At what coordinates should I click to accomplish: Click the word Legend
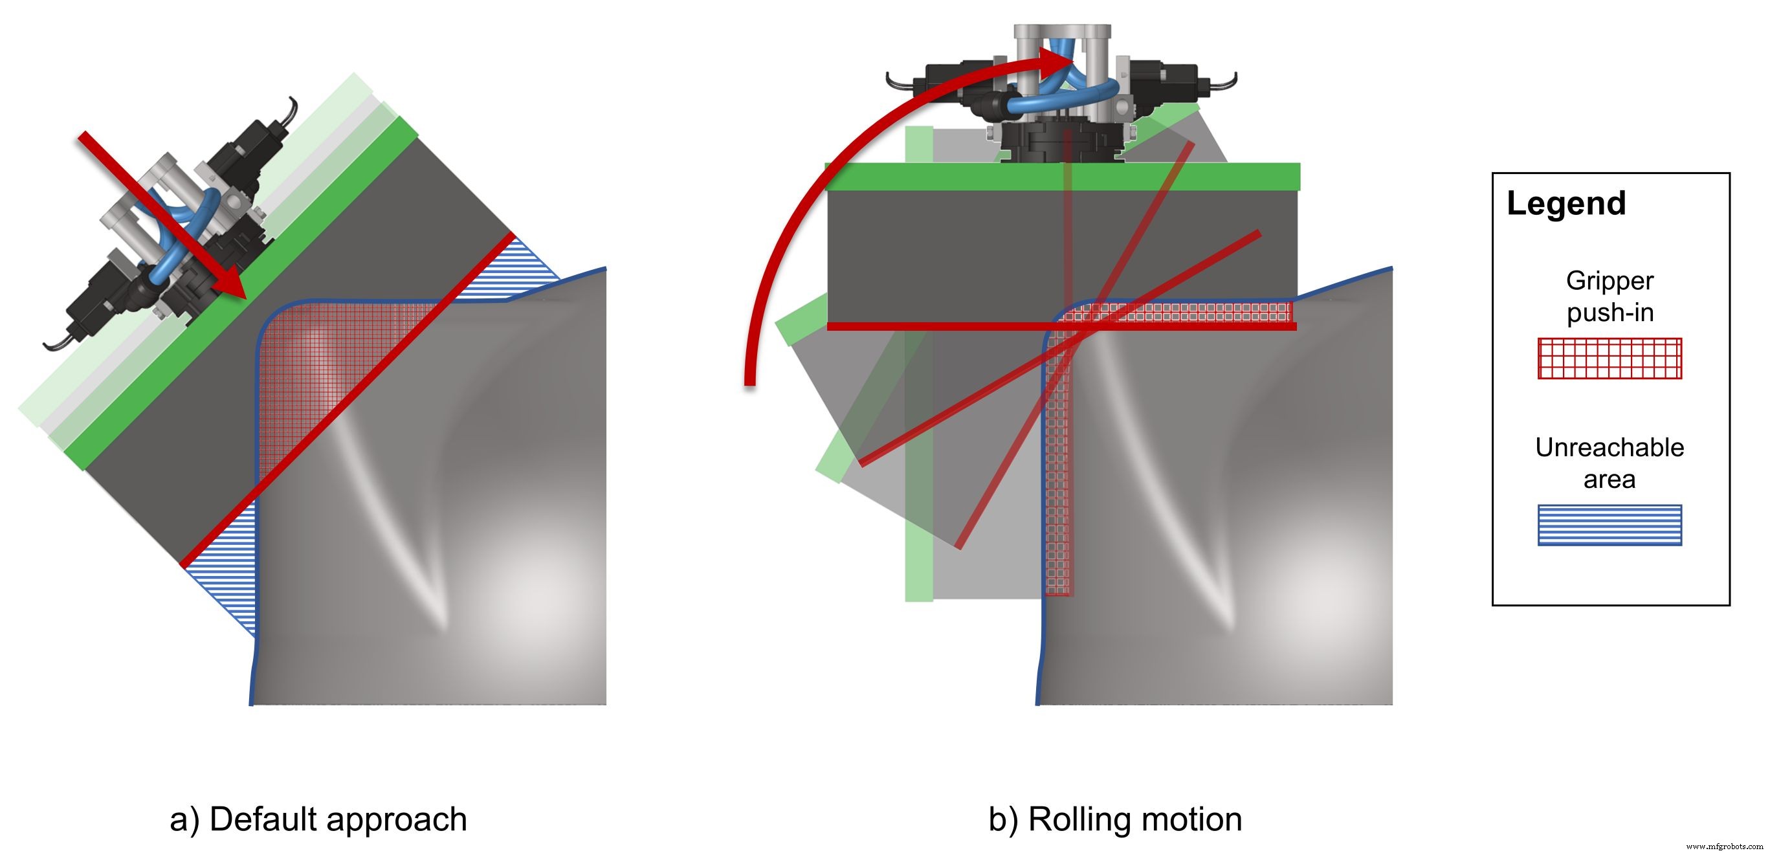coord(1566,203)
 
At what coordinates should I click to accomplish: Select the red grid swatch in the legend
coord(1610,358)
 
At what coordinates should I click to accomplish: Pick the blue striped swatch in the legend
coord(1610,525)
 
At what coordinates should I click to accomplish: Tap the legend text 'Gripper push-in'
coord(1610,296)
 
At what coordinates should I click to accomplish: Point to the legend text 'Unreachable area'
coord(1610,463)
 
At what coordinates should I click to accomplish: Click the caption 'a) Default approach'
coord(318,819)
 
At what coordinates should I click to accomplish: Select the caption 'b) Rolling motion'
coord(1114,819)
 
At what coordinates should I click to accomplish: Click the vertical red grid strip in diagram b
coord(1058,481)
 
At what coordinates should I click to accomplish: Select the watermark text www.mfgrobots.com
coord(1724,846)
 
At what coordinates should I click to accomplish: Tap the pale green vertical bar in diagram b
coord(919,481)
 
